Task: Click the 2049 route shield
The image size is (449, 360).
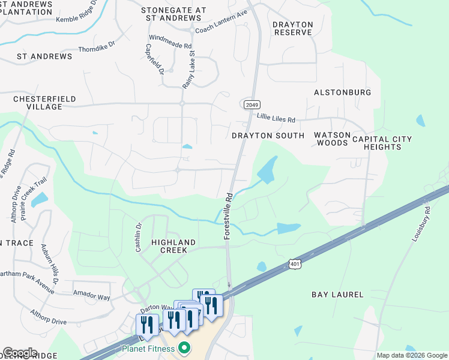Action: click(x=252, y=104)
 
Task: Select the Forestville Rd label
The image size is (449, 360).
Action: click(x=228, y=216)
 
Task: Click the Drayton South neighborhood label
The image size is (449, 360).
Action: click(x=268, y=136)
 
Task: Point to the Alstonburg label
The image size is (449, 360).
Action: click(x=342, y=92)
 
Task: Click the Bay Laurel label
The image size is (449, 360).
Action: click(x=337, y=295)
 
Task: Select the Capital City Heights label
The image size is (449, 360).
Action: click(x=382, y=143)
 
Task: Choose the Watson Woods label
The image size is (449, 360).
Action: click(x=331, y=139)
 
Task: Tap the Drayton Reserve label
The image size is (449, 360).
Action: click(x=293, y=28)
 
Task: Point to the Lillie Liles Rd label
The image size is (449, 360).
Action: click(x=276, y=119)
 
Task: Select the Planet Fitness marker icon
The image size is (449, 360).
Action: click(x=185, y=348)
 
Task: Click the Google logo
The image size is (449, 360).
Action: click(x=20, y=353)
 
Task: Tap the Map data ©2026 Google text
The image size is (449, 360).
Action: click(x=412, y=355)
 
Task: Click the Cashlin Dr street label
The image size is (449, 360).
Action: click(x=138, y=237)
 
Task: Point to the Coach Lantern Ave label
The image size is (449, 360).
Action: click(x=221, y=29)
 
